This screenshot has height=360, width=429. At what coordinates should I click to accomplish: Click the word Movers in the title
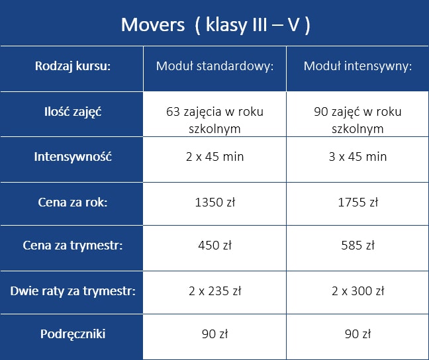(x=153, y=25)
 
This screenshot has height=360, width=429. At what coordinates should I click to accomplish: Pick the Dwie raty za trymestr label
(x=73, y=291)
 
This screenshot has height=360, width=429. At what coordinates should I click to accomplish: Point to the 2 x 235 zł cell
(x=215, y=291)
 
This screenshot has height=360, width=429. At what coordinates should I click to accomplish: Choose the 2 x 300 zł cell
(x=358, y=291)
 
